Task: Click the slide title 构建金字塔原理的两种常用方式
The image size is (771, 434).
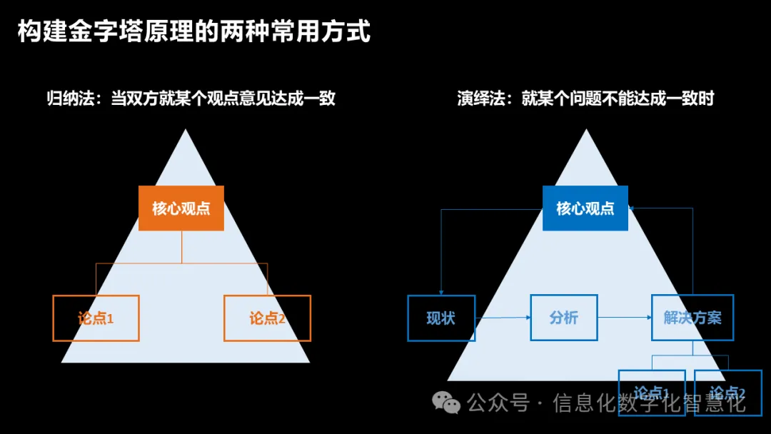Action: [193, 31]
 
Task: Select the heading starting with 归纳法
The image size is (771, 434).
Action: [191, 99]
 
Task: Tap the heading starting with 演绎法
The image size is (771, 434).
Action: [585, 99]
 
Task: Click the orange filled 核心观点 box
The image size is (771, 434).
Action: [181, 208]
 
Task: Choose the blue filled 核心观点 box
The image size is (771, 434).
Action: [585, 208]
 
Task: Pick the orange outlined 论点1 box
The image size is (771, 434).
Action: [96, 318]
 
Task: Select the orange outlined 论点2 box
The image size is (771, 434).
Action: [267, 318]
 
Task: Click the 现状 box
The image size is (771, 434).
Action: [440, 318]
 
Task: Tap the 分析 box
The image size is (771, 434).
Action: [563, 317]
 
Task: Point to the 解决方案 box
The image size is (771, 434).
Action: [692, 317]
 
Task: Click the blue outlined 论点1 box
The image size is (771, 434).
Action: [651, 392]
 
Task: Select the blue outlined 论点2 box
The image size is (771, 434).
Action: [727, 392]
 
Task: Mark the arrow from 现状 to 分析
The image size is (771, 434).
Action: [503, 318]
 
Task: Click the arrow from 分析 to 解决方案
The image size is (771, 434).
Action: [624, 317]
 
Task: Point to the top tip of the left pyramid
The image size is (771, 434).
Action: [185, 131]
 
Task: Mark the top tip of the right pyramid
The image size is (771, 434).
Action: [586, 131]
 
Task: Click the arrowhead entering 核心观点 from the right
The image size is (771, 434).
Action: [633, 208]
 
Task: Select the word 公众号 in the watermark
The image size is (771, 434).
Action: [498, 403]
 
